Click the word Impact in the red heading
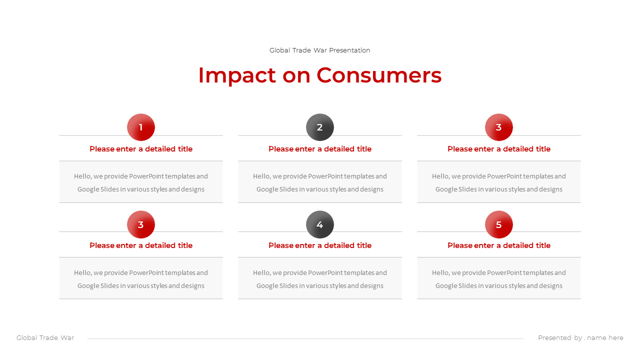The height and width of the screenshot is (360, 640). click(237, 76)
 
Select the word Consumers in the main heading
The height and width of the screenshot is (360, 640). click(379, 75)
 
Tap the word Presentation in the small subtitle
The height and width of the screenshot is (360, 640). click(349, 50)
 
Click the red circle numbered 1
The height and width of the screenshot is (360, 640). click(141, 127)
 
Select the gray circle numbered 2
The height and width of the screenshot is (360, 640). click(320, 127)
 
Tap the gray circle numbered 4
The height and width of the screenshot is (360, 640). click(320, 224)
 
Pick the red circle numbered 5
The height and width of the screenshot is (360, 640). click(499, 224)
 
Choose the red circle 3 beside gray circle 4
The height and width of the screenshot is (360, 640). click(141, 224)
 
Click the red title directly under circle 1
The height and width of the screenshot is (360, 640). click(141, 149)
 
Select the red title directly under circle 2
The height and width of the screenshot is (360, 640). click(320, 149)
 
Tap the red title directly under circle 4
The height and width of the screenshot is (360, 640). click(320, 245)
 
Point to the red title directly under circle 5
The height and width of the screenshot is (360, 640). click(499, 245)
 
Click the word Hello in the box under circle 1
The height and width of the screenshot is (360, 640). click(82, 176)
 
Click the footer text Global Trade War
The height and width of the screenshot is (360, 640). click(45, 337)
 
